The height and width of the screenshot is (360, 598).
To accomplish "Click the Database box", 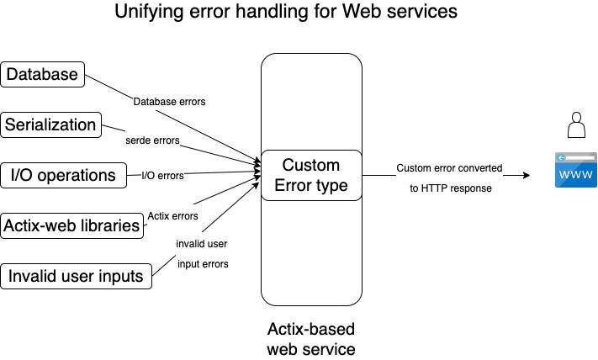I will [42, 74].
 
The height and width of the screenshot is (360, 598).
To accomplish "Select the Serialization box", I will [50, 124].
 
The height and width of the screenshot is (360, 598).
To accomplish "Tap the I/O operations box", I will [62, 175].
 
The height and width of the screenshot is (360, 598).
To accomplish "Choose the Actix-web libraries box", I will [71, 225].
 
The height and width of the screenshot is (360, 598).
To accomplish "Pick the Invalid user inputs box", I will [76, 276].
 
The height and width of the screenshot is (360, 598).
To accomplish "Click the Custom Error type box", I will [311, 175].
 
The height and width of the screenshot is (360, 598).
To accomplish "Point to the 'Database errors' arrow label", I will [169, 102].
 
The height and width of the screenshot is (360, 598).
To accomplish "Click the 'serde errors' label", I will [152, 140].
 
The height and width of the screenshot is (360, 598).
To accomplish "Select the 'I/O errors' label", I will [162, 175].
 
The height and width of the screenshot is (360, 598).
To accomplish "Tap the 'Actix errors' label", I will [172, 216].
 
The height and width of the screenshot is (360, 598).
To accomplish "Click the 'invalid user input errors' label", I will [202, 253].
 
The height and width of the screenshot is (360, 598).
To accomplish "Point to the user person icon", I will [576, 127].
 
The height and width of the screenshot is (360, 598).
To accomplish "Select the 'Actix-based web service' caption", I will [311, 339].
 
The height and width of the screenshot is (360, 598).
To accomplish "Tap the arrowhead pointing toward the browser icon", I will [526, 176].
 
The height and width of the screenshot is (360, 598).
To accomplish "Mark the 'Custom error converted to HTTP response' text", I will [449, 178].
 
